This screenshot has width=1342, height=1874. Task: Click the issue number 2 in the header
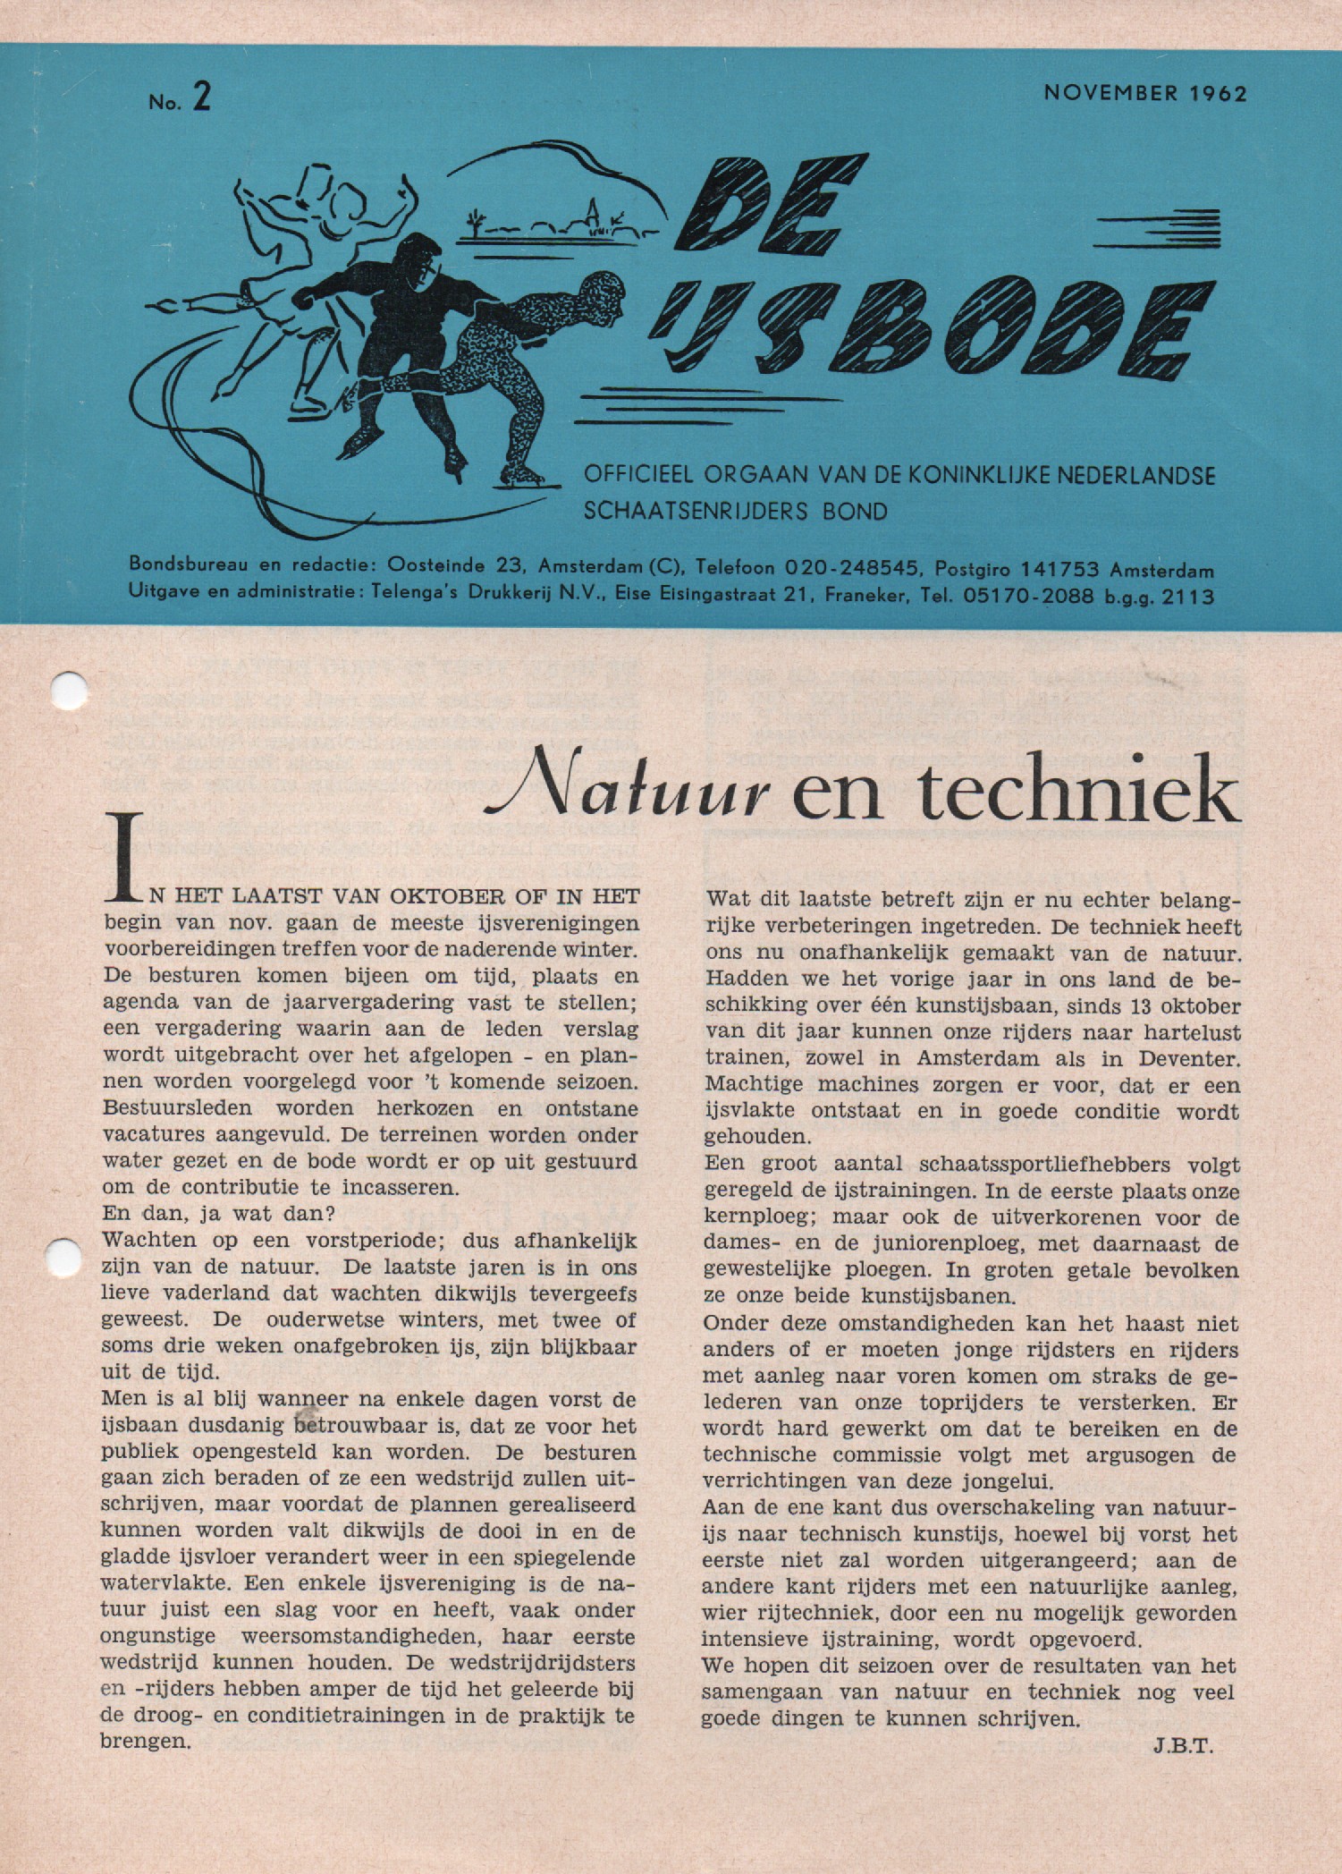(201, 98)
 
